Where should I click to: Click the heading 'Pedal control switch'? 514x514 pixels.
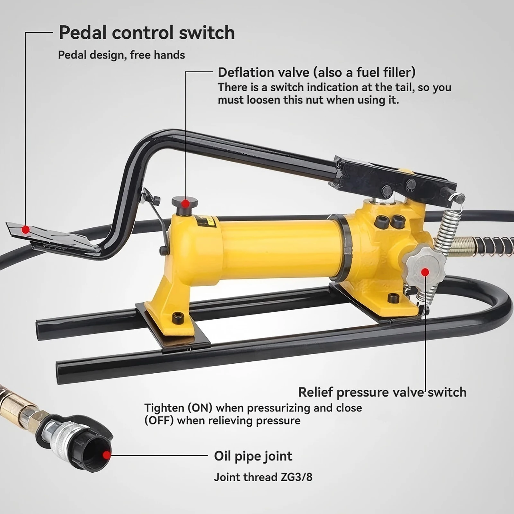(147, 33)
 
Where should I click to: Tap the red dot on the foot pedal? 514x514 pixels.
(26, 229)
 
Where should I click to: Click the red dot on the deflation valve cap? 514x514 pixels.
(185, 203)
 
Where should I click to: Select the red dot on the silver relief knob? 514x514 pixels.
(425, 272)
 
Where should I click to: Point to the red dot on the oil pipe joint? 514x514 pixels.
(106, 455)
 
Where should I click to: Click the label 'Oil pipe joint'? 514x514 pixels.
(253, 456)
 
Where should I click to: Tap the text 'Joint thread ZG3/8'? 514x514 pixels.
(263, 477)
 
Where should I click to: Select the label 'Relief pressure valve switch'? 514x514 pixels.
(382, 392)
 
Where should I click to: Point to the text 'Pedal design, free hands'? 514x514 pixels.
(121, 55)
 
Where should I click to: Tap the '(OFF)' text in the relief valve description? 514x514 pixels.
(159, 421)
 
